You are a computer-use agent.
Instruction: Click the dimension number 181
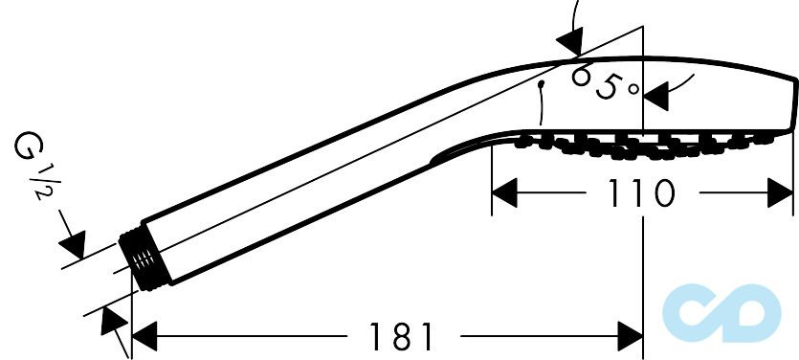point(401,336)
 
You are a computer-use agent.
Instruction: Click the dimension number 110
point(642,193)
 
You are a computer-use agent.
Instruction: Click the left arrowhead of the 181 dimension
point(144,336)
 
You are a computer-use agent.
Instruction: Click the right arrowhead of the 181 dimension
point(630,336)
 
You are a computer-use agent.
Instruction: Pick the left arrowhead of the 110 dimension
point(504,192)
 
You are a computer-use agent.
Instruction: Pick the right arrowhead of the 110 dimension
point(780,192)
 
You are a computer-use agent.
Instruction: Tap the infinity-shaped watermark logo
point(721,313)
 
